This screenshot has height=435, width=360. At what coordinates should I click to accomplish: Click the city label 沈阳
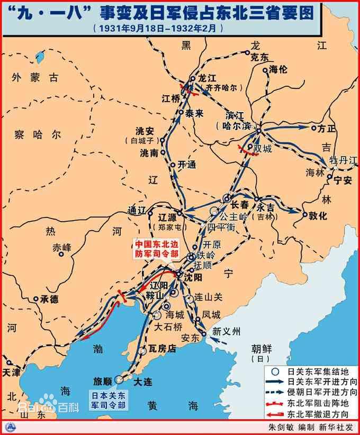coord(192,276)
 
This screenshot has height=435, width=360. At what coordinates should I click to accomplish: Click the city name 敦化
coord(318,215)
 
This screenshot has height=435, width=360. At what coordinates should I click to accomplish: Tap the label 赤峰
coord(62,247)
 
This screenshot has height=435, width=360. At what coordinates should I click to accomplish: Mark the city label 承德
coord(49,299)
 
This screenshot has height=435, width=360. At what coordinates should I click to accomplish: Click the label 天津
coord(12,373)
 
